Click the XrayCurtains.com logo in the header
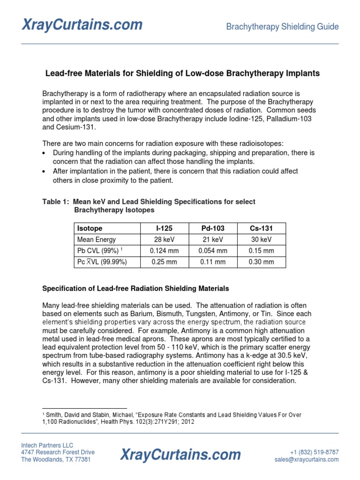pyautogui.click(x=82, y=24)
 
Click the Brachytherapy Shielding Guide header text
pyautogui.click(x=282, y=27)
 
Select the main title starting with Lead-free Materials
pyautogui.click(x=182, y=74)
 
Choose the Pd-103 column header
pyautogui.click(x=213, y=229)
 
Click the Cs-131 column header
pyautogui.click(x=262, y=229)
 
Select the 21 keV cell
pyautogui.click(x=213, y=240)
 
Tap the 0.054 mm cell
pyautogui.click(x=213, y=251)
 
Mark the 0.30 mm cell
pyautogui.click(x=262, y=262)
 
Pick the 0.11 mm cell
pyautogui.click(x=213, y=262)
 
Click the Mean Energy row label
pyautogui.click(x=97, y=240)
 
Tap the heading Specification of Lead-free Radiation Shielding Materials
pyautogui.click(x=135, y=288)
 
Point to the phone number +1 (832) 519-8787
pyautogui.click(x=314, y=452)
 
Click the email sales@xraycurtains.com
pyautogui.click(x=307, y=460)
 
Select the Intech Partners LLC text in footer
pyautogui.click(x=47, y=445)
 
